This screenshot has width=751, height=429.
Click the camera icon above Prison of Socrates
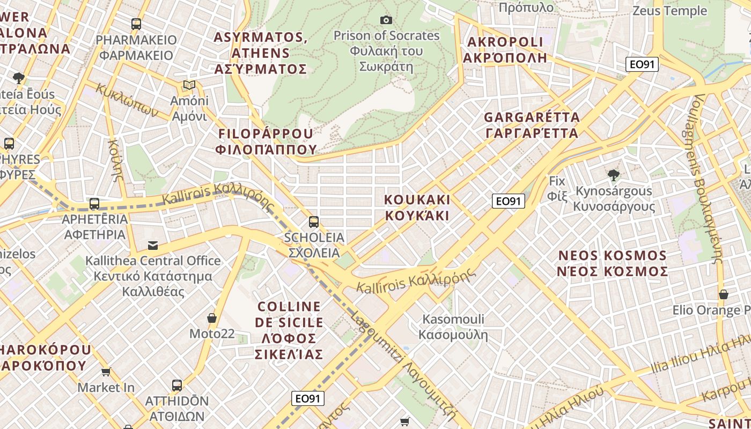click(386, 20)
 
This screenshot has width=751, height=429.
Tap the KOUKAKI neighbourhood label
click(417, 208)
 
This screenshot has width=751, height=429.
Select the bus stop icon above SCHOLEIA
click(314, 222)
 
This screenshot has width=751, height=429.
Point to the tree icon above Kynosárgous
click(613, 175)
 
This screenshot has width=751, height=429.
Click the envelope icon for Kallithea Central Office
click(153, 246)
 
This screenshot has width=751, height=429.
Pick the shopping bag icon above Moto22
click(212, 318)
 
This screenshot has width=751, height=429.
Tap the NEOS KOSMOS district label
click(613, 263)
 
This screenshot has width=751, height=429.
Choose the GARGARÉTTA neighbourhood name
click(532, 125)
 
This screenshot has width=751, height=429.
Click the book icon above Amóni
click(189, 85)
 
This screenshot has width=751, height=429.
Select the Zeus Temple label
click(669, 11)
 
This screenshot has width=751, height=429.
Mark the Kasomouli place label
click(453, 327)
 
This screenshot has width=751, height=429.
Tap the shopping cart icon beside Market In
click(106, 372)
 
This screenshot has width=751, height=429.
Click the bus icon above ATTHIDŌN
click(176, 385)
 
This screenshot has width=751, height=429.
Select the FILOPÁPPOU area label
click(265, 141)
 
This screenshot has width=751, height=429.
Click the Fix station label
click(557, 188)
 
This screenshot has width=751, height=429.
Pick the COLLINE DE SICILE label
click(290, 330)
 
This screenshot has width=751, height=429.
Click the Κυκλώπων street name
click(127, 100)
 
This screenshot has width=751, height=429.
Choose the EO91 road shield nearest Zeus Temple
click(642, 64)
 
